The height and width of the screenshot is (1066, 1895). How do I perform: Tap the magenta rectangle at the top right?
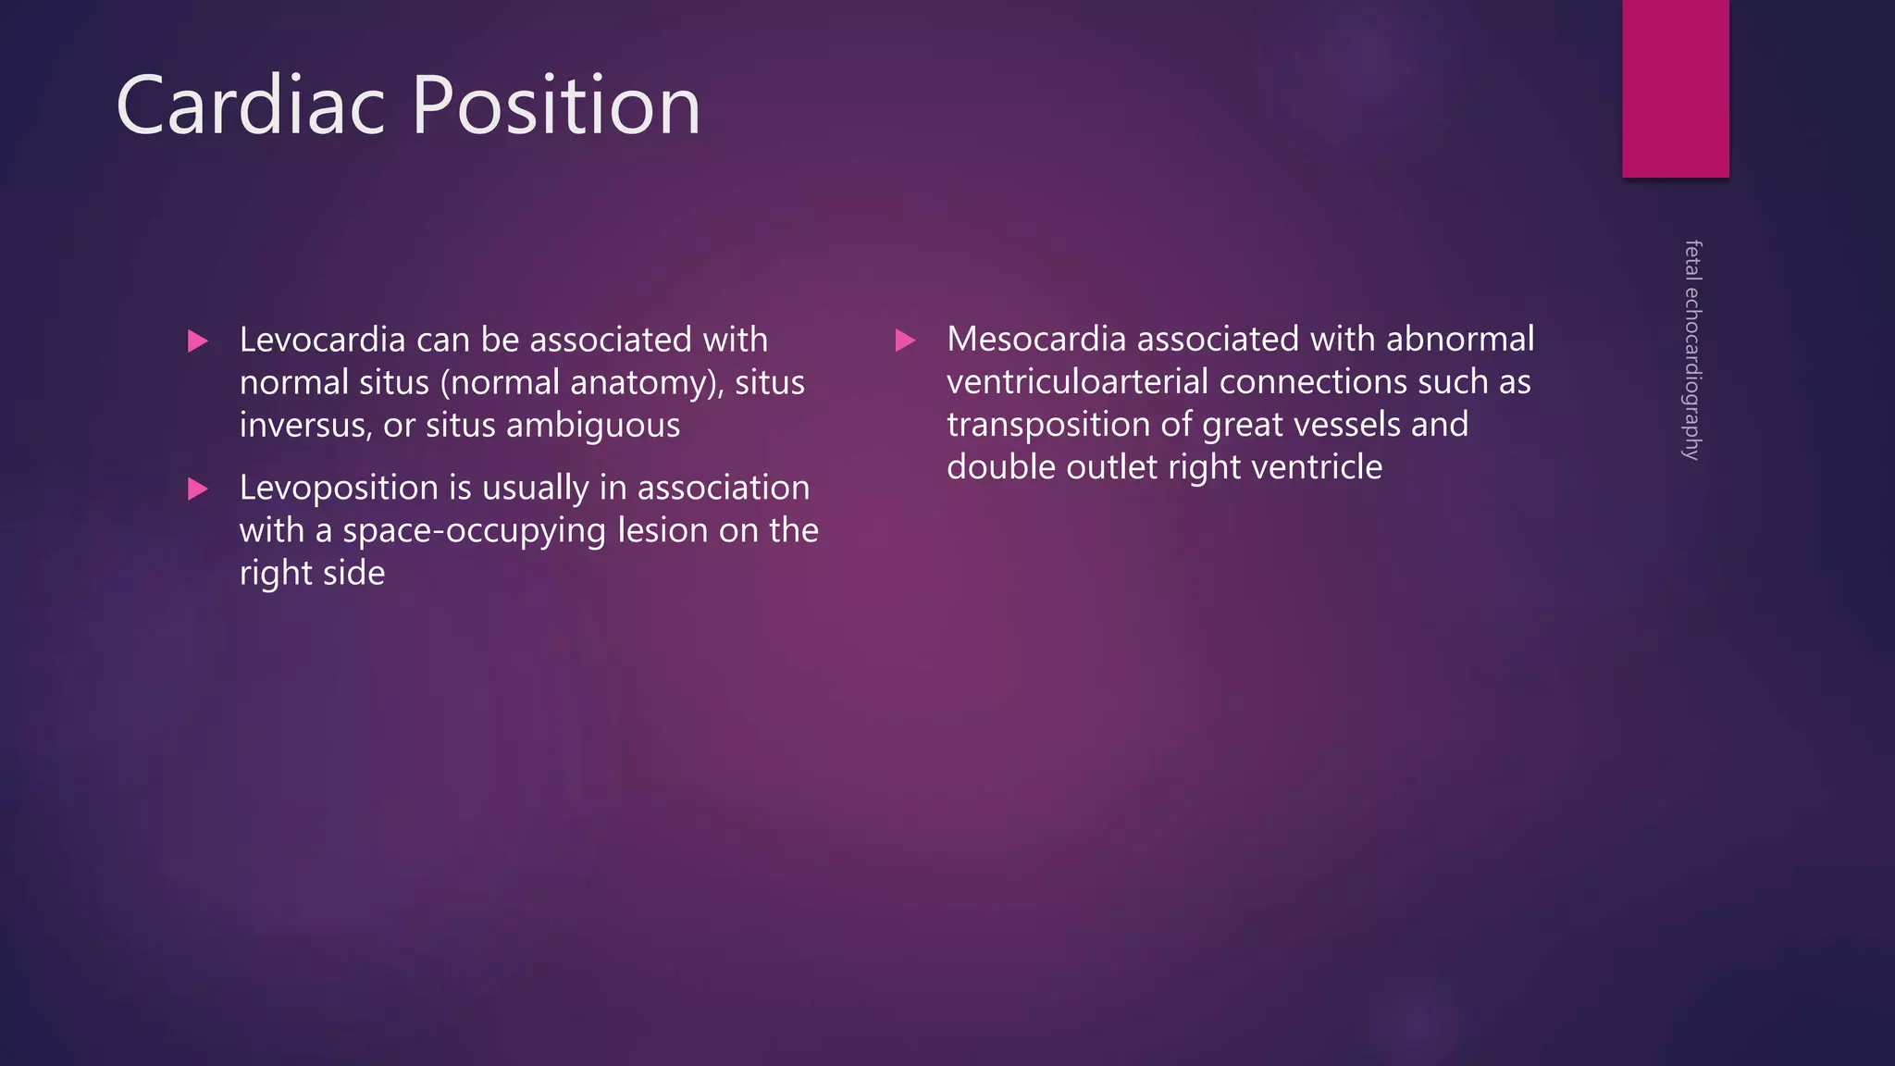(x=1675, y=88)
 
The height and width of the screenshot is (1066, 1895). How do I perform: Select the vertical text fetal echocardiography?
(x=1692, y=350)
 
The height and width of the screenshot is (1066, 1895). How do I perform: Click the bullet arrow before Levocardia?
(x=197, y=341)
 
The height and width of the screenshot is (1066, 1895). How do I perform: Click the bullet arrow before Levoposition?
(x=197, y=489)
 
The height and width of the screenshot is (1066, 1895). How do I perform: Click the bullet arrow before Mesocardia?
(x=905, y=341)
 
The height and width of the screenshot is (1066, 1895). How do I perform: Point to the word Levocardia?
(x=322, y=340)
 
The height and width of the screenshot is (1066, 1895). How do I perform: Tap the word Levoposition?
(x=339, y=488)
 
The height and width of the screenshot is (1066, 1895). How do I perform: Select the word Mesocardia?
(x=1036, y=339)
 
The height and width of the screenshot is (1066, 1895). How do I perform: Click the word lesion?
(x=662, y=530)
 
